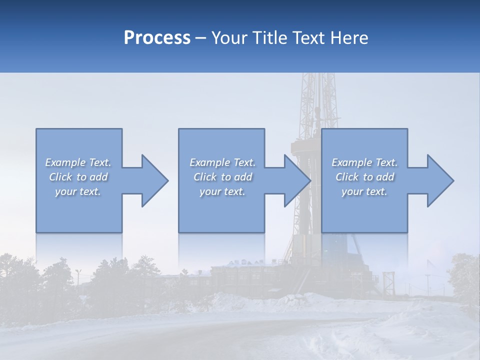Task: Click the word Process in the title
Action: [157, 38]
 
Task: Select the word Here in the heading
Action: [349, 38]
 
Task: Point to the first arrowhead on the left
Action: [152, 180]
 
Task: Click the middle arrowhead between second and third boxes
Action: [294, 180]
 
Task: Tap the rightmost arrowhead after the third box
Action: [437, 180]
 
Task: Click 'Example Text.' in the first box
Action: [78, 162]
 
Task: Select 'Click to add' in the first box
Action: [78, 177]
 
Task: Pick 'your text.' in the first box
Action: [78, 191]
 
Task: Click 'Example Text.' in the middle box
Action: [222, 162]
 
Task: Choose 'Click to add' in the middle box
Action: [222, 177]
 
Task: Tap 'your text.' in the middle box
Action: [222, 191]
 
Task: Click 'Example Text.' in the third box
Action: [364, 162]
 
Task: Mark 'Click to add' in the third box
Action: [364, 177]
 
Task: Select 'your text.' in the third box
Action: [364, 191]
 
